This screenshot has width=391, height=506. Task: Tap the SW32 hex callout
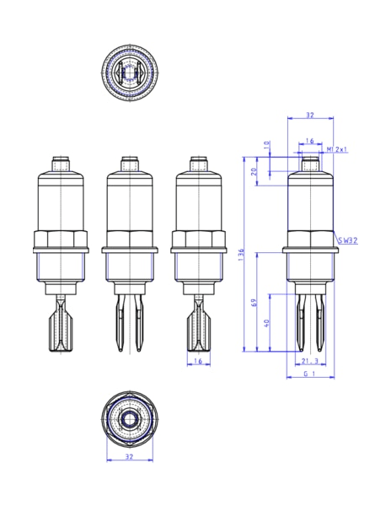pyautogui.click(x=346, y=240)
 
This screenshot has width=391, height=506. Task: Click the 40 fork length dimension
pyautogui.click(x=268, y=323)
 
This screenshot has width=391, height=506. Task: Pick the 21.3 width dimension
pyautogui.click(x=309, y=361)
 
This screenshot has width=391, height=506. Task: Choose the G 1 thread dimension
pyautogui.click(x=309, y=373)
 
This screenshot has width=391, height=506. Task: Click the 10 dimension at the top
pyautogui.click(x=268, y=145)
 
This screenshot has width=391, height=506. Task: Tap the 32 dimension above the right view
pyautogui.click(x=309, y=115)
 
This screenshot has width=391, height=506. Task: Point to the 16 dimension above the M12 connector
pyautogui.click(x=309, y=141)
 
